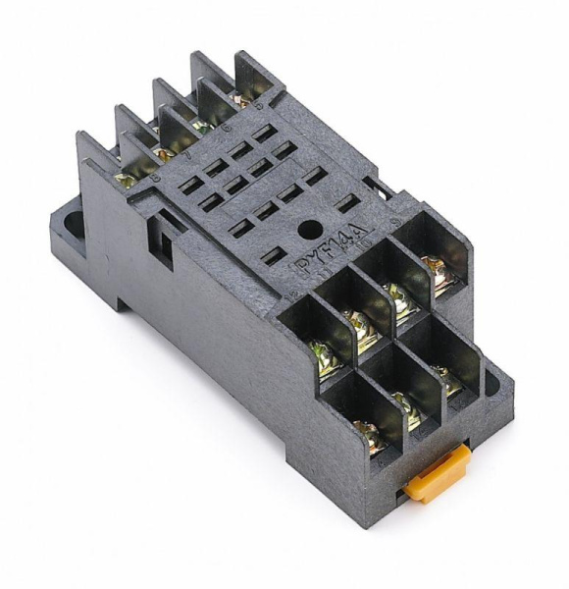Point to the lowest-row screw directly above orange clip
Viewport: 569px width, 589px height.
pyautogui.click(x=405, y=411)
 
